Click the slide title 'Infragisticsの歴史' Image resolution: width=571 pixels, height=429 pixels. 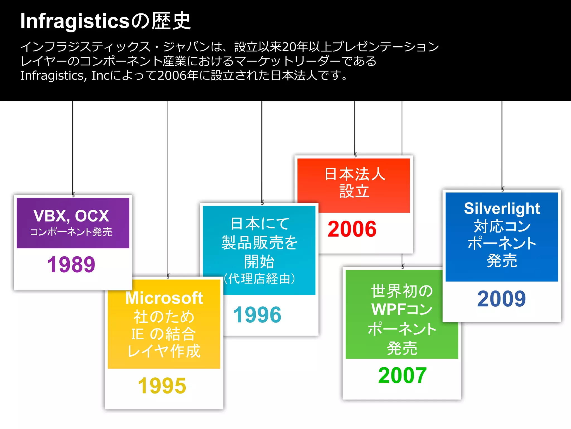click(105, 21)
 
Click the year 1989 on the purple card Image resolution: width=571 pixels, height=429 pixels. click(71, 264)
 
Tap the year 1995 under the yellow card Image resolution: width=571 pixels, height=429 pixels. click(162, 386)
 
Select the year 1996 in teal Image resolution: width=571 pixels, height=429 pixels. click(257, 315)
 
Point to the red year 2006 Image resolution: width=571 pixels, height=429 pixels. click(352, 229)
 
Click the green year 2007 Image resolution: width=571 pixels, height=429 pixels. click(402, 375)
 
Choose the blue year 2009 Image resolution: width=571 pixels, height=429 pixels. click(501, 299)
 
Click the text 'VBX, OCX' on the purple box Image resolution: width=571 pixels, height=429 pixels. click(71, 216)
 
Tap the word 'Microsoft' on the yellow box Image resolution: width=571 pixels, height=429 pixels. click(164, 298)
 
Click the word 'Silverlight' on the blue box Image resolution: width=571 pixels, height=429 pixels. click(502, 208)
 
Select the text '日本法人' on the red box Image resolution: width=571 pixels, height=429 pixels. click(355, 174)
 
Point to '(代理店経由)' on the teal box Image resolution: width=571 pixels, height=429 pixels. click(260, 279)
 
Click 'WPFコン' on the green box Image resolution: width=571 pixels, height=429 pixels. click(402, 309)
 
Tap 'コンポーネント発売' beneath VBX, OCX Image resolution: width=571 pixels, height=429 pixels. click(71, 232)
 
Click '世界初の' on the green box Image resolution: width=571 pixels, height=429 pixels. click(402, 291)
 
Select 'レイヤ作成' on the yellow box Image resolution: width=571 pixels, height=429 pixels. click(164, 351)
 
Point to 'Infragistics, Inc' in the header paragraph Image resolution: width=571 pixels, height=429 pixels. click(65, 75)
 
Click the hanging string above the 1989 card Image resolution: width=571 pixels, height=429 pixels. click(72, 145)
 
